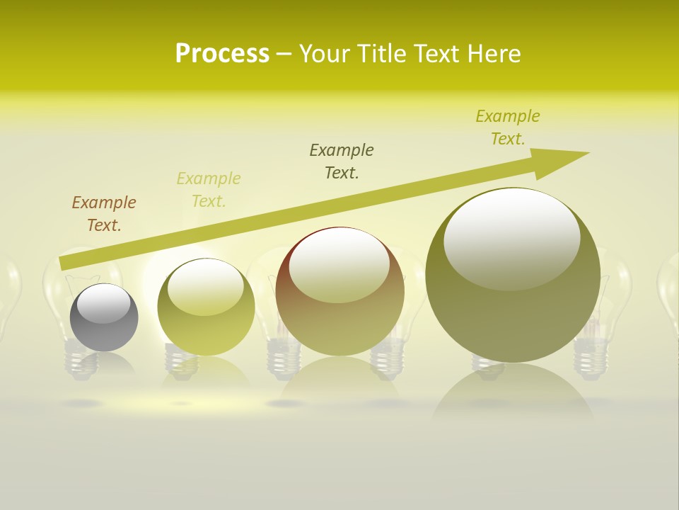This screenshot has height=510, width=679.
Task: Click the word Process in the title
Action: (222, 54)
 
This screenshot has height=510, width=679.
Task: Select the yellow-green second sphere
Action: (206, 333)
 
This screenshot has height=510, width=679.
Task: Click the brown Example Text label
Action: (104, 213)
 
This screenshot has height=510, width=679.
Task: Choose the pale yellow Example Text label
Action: (209, 189)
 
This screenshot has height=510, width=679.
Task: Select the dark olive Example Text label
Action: (342, 161)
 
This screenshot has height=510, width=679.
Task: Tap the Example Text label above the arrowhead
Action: (508, 127)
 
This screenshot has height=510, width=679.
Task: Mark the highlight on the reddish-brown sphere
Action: (339, 266)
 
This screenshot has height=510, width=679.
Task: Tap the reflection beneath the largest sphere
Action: (513, 397)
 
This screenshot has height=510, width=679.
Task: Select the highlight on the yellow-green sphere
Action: (206, 287)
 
